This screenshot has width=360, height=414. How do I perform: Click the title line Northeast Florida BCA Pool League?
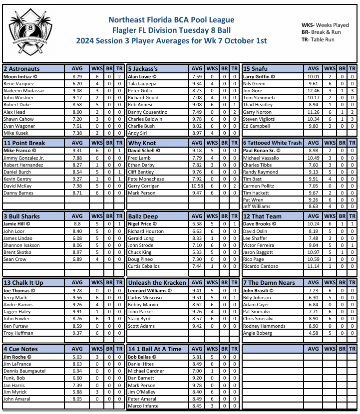coord(171,20)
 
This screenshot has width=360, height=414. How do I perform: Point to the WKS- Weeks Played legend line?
coord(325,24)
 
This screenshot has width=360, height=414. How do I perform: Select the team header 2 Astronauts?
coord(21,68)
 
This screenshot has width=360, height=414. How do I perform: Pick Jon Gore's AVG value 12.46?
coord(313,91)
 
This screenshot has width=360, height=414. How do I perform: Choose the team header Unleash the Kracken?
coord(157,282)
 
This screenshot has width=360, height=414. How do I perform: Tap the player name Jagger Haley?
coord(17,312)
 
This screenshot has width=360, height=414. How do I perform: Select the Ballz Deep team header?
coord(143,216)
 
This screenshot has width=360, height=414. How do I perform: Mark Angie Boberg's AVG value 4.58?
coord(313,333)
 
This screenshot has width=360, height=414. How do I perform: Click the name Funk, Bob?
coord(14,378)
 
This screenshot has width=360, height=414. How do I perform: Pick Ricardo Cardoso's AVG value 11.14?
coord(313,266)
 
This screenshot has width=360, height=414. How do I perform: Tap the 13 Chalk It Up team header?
coord(23,282)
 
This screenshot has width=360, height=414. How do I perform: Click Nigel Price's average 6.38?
coord(197,224)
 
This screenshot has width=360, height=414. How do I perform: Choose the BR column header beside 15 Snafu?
coord(342,68)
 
